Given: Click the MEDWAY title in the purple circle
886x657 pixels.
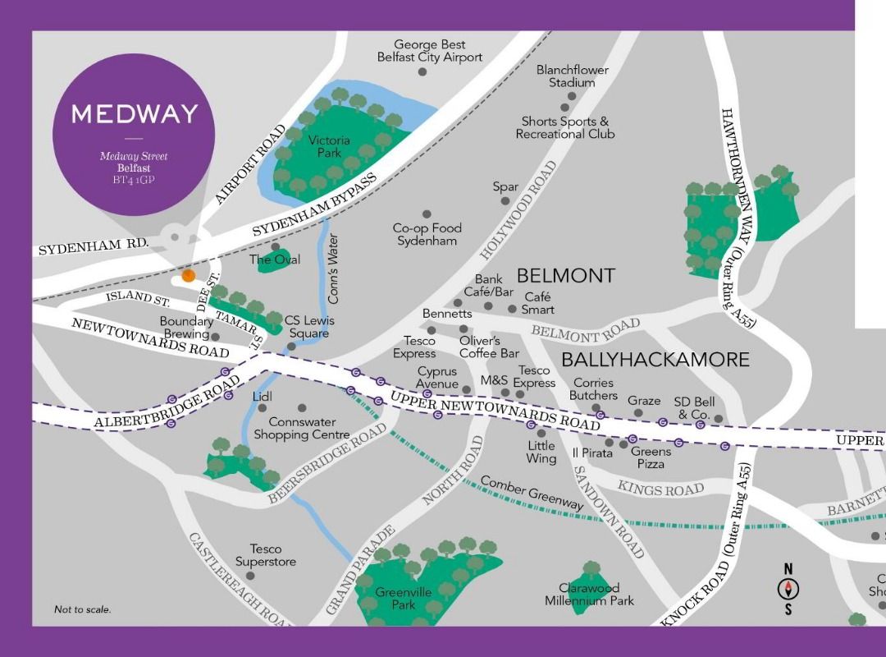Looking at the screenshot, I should point(134,113).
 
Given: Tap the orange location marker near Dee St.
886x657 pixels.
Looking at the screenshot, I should point(189,276).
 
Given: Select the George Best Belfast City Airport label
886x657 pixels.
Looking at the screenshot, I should point(429,51).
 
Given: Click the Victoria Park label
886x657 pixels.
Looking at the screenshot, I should point(329,146).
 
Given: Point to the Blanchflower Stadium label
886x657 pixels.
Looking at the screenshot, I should point(573,76).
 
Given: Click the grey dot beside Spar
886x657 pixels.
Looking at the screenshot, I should point(505,200).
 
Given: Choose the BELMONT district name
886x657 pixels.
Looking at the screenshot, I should point(565,275).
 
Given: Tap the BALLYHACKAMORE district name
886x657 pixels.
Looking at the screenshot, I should point(655,359).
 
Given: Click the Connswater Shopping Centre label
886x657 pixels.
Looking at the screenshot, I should point(302,428).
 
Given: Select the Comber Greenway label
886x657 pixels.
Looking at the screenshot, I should point(532,493).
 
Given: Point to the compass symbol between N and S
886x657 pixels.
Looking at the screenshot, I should point(788,588).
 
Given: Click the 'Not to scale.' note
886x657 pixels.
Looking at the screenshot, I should point(82,609).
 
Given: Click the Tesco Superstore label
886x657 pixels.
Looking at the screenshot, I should point(266,555).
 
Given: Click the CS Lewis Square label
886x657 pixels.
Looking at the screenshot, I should point(309,327).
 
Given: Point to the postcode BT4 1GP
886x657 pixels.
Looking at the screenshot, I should point(133,178).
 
